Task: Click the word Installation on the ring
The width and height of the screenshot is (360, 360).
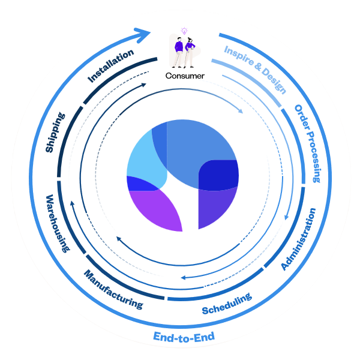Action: coord(111,66)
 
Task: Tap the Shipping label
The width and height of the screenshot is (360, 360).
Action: coord(55,131)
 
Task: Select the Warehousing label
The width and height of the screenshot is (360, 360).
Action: coord(59,223)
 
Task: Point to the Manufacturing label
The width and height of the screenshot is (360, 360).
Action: coord(113,289)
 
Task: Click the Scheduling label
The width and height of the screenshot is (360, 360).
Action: coord(227,304)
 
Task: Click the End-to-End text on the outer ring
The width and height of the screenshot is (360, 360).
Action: coord(184,337)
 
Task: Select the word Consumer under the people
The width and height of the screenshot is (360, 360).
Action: coord(185,76)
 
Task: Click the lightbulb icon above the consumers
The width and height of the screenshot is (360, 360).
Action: coord(184,31)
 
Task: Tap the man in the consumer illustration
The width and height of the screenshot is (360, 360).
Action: coord(178,52)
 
